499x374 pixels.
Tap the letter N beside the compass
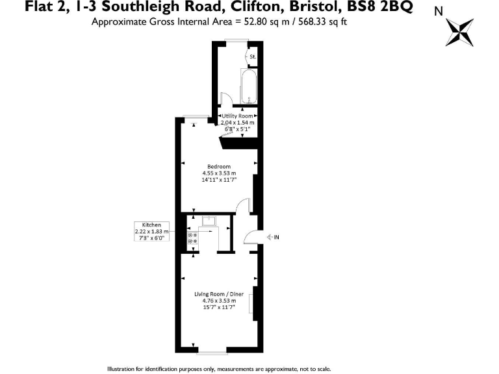click(439, 11)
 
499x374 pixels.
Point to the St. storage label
click(253, 57)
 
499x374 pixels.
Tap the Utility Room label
click(238, 116)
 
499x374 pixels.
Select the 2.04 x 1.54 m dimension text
click(238, 122)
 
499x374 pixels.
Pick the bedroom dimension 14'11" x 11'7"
click(218, 180)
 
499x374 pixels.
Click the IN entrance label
click(276, 237)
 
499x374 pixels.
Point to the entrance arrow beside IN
click(266, 237)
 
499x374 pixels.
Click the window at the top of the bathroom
click(236, 42)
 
